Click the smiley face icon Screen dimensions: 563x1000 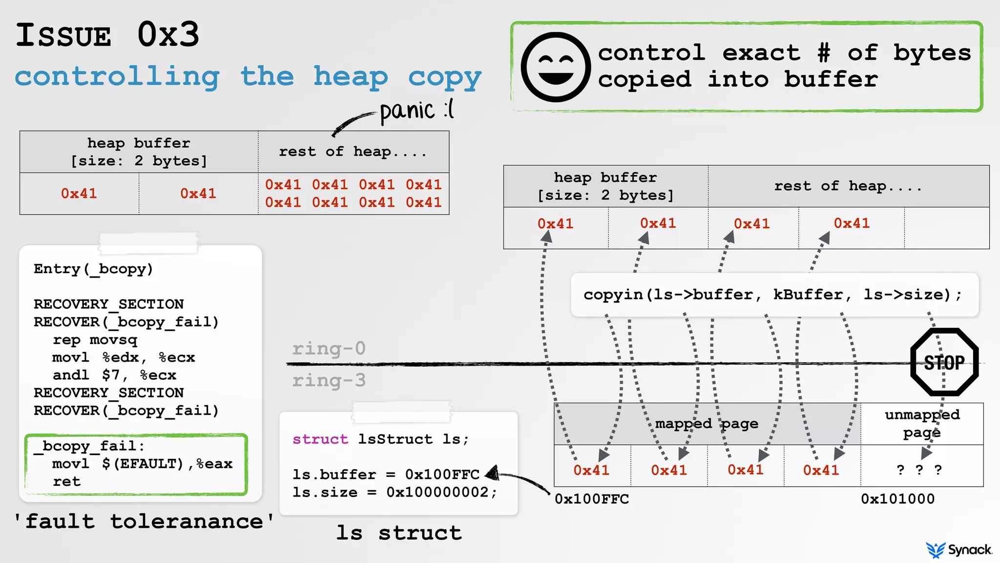pos(556,67)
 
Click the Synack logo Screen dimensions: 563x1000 pos(959,550)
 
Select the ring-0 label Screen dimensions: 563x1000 pos(329,348)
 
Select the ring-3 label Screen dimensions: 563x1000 pos(329,380)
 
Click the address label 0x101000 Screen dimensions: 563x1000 pos(897,499)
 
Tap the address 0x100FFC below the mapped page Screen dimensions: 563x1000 pos(592,499)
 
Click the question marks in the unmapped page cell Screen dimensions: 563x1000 pos(919,470)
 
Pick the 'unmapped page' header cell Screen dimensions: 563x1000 pos(922,423)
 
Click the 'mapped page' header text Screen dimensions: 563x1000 pos(707,424)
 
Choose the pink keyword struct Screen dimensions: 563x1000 pos(320,439)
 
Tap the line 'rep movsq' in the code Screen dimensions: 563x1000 pos(95,340)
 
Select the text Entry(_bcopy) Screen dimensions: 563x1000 pos(93,269)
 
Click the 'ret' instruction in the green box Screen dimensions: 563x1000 pos(67,481)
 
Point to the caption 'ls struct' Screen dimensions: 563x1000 pos(398,533)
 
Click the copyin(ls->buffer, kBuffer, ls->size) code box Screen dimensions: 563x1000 pos(774,295)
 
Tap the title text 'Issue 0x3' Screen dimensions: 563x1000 pos(107,35)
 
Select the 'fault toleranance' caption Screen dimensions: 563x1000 pos(144,521)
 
